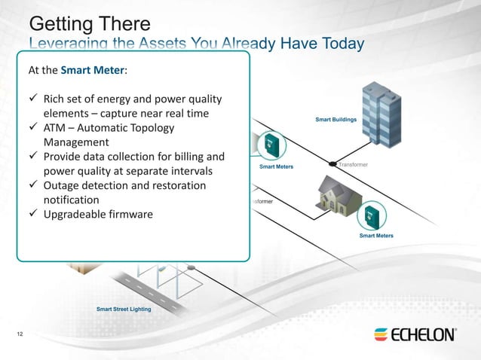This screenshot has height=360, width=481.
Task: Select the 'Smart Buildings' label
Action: point(335,120)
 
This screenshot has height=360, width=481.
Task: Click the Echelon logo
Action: point(414,334)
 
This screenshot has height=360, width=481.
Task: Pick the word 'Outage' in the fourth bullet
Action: point(67,186)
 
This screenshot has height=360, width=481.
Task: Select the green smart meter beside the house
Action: point(369,215)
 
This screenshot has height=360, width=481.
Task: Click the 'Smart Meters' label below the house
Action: point(376,236)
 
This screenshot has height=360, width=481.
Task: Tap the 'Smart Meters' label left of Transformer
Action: point(276,166)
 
